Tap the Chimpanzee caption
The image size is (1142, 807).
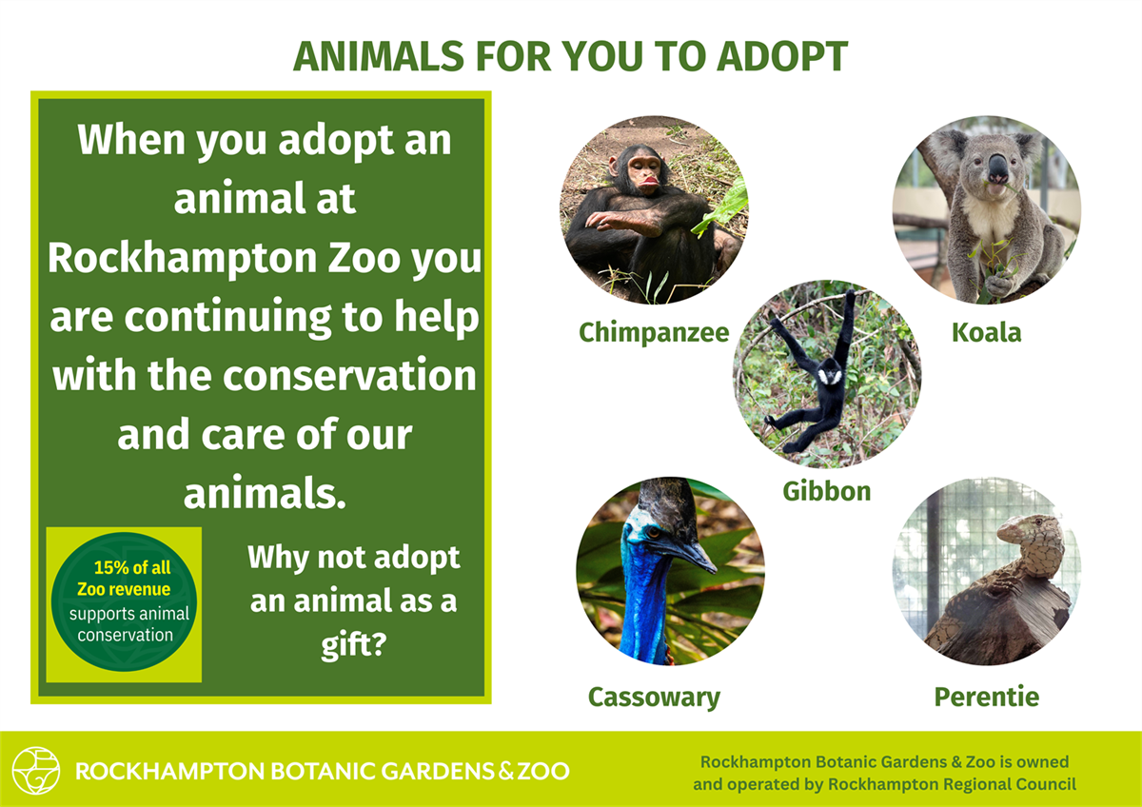coord(654,332)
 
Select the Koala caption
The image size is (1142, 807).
coord(986,332)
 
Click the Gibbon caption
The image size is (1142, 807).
coord(826,491)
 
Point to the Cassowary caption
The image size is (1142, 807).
coord(654,697)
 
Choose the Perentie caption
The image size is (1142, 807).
coord(986,697)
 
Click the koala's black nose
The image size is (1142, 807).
coord(996,169)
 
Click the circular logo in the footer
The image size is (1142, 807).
coord(36,770)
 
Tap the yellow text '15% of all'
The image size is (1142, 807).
coord(132,568)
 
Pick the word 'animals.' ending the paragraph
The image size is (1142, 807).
coord(264,494)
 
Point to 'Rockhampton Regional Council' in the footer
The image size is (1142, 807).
coord(952,784)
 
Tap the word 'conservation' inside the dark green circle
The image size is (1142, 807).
coord(125,635)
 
